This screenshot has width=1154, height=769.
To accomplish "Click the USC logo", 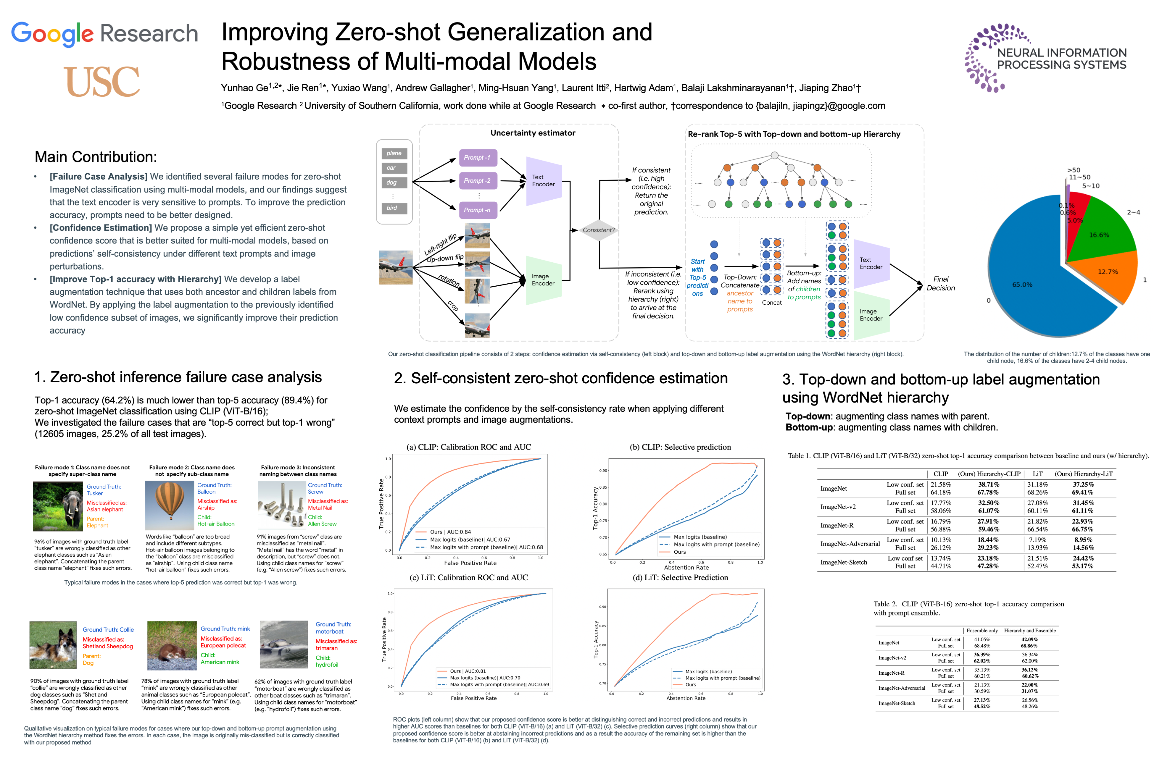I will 102,81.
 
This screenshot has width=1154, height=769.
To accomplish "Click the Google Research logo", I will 104,33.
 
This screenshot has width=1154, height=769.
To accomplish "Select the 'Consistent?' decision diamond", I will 598,230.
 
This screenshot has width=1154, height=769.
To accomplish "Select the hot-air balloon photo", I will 169,505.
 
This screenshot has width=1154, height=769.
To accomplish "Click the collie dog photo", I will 53,645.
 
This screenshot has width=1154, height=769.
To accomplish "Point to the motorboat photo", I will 283,644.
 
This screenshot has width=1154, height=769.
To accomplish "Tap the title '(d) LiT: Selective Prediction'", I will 680,578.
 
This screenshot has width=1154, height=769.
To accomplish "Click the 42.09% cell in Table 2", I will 1029,639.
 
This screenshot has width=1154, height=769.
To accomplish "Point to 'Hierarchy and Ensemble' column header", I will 1029,631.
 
